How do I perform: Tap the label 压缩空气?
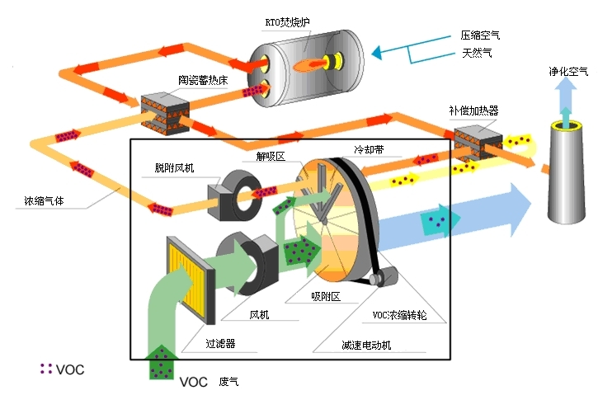(x=480, y=35)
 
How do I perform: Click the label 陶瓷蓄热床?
(x=200, y=80)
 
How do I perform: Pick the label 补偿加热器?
(x=473, y=110)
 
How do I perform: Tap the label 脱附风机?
(x=176, y=167)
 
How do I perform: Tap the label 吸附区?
(x=325, y=295)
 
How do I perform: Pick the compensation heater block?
(x=475, y=141)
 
